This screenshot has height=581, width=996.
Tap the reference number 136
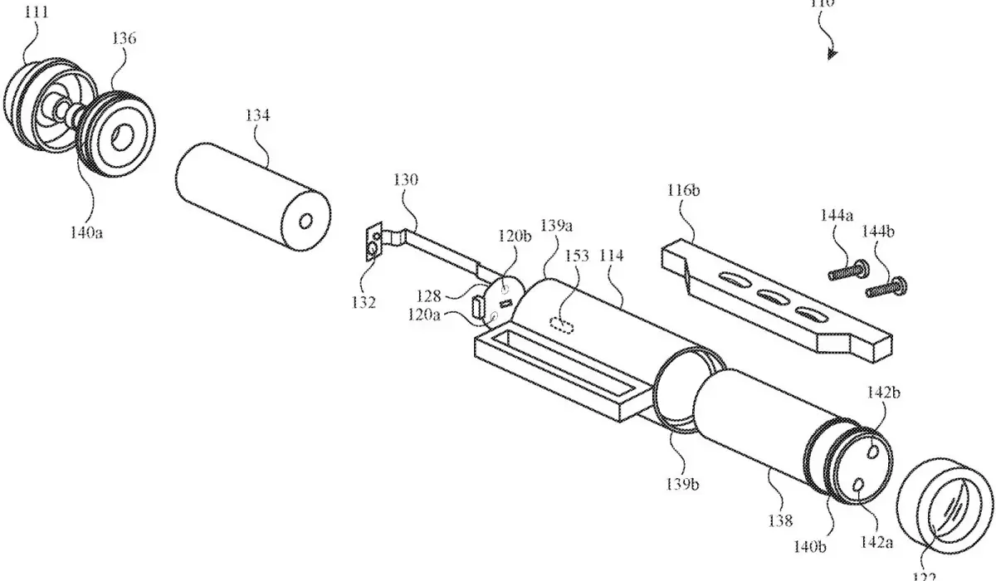click(124, 39)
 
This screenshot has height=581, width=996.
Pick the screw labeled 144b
click(886, 288)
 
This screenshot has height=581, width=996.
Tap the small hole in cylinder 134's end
click(305, 221)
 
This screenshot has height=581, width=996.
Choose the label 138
click(781, 520)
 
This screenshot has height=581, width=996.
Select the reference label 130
click(407, 180)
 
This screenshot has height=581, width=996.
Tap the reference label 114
click(611, 256)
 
